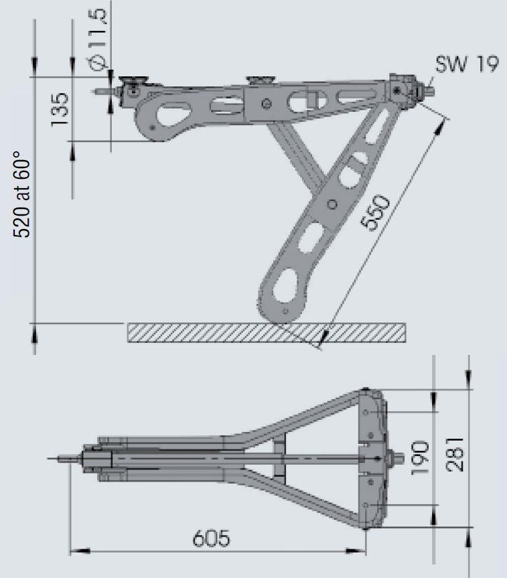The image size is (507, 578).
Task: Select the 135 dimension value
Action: tap(60, 109)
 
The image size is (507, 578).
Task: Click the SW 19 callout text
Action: tap(466, 66)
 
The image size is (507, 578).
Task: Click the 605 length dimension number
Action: tap(212, 538)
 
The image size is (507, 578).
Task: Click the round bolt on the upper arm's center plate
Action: tap(267, 103)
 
